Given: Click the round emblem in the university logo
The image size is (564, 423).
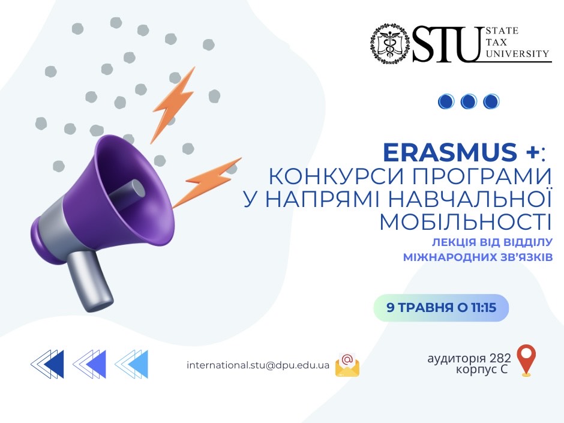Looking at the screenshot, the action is (x=390, y=44).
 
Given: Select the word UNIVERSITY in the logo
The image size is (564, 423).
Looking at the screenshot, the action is (x=518, y=54).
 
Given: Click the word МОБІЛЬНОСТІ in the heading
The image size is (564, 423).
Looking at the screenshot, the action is (x=466, y=222).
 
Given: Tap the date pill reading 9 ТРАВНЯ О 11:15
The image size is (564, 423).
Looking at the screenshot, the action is (x=442, y=308).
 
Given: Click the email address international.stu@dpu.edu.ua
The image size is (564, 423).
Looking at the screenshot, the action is (x=258, y=365).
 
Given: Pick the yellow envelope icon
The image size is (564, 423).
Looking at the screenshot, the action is (x=347, y=365).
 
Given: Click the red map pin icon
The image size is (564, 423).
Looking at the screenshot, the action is (x=526, y=361).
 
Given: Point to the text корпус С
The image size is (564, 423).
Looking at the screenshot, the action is (x=482, y=370).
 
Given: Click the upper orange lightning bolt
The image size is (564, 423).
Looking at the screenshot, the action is (x=173, y=104).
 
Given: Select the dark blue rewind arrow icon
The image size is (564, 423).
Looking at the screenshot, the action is (x=47, y=364).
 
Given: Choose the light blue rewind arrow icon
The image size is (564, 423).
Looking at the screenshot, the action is (x=131, y=364).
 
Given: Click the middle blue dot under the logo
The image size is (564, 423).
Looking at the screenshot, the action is (x=469, y=101).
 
